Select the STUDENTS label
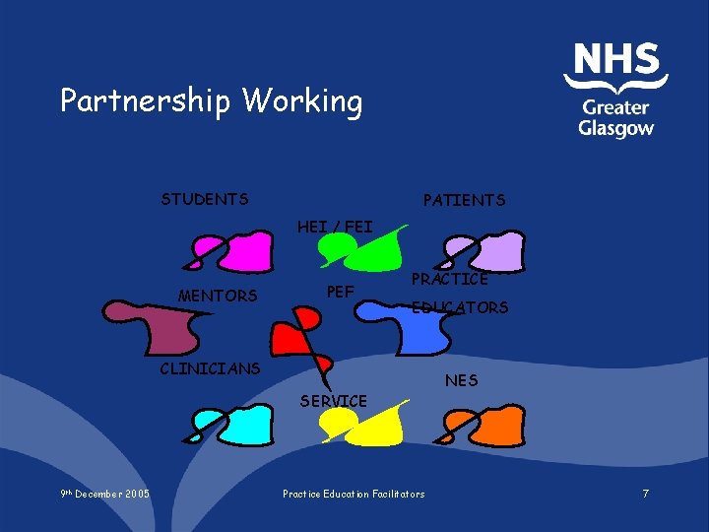205,199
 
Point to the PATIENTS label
464,200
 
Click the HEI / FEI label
335,227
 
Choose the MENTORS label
218,296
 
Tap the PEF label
340,292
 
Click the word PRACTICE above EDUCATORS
449,280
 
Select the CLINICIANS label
210,368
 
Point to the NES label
461,379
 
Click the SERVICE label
334,401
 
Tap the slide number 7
645,493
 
